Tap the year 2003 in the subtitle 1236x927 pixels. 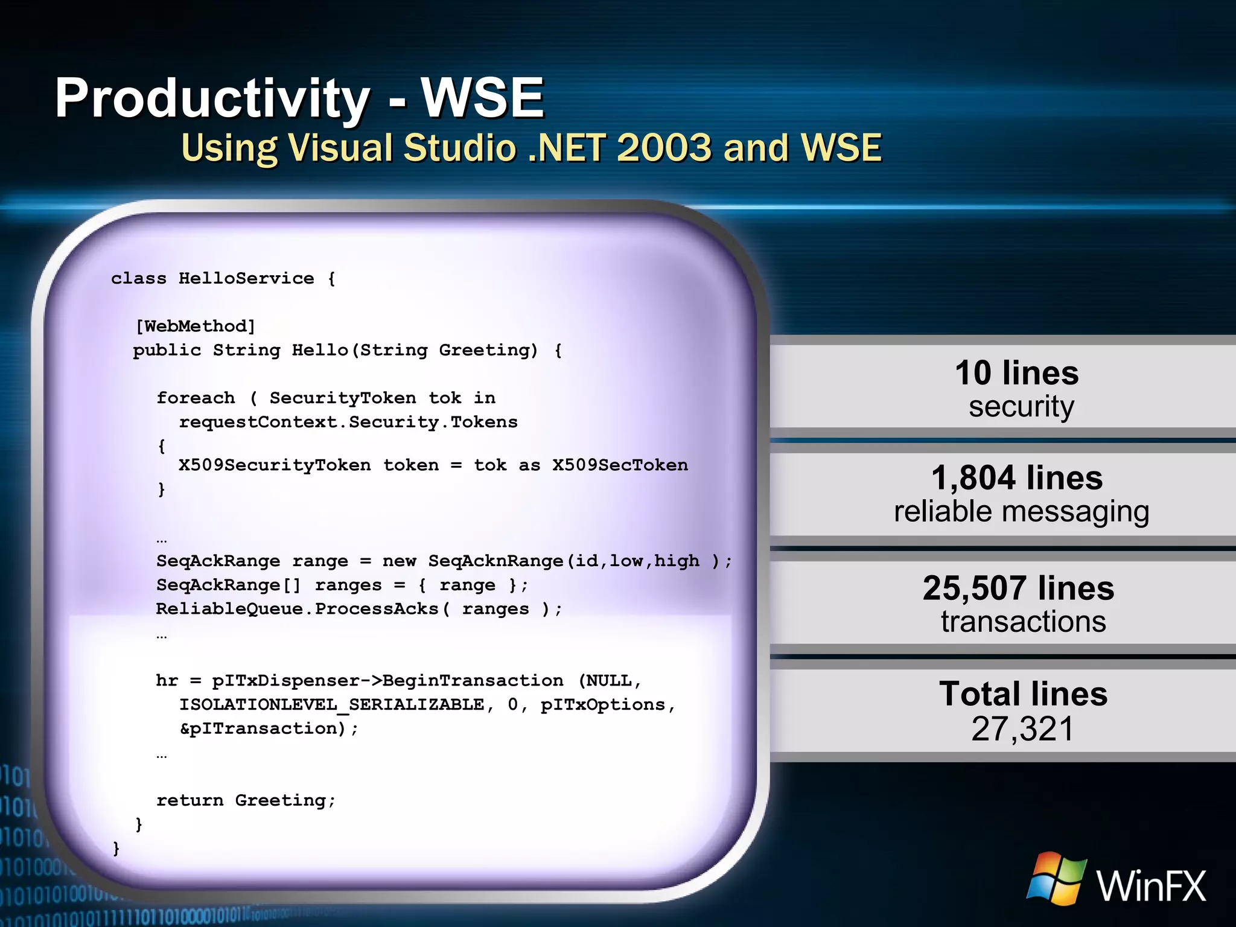tap(664, 148)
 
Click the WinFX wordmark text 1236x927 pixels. tap(1152, 886)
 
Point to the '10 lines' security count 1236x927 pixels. tap(1017, 373)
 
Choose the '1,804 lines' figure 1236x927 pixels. tap(1017, 478)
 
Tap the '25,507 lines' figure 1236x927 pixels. tap(1018, 588)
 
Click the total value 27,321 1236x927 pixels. tap(1023, 728)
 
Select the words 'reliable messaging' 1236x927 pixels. tap(1021, 512)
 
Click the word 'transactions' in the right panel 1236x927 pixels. tap(1024, 622)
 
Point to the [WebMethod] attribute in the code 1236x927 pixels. tap(196, 327)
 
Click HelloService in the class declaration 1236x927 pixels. tap(246, 278)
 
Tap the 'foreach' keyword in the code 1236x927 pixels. tap(196, 398)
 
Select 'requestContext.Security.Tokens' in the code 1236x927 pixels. tap(348, 422)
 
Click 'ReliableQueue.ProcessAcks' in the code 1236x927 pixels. tap(297, 608)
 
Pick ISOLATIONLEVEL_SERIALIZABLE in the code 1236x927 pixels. tap(331, 704)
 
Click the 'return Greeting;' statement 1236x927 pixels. tap(246, 800)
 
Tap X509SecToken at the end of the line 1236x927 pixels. tap(620, 465)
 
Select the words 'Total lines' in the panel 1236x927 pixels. tap(1023, 694)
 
